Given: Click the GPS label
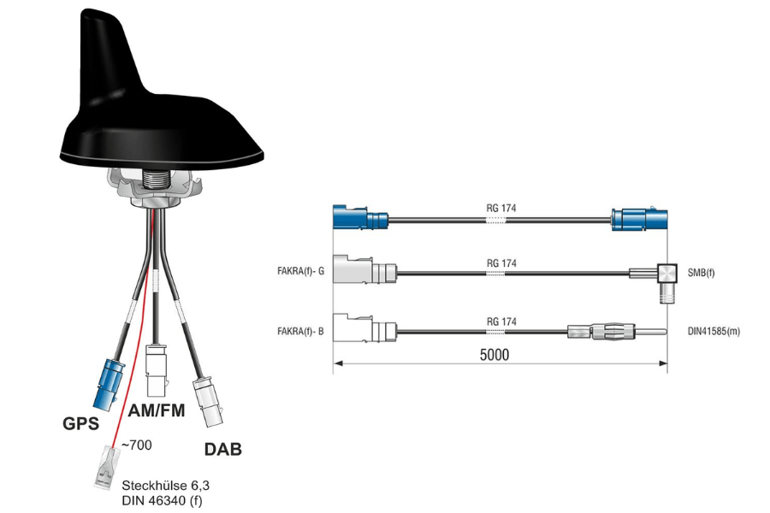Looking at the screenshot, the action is [80, 423].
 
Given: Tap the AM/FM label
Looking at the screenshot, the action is [157, 410].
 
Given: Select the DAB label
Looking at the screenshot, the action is [223, 449].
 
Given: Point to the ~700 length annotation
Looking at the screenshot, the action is [136, 445].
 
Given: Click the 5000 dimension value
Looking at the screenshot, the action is [494, 355].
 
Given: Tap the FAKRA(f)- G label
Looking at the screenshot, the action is [300, 271].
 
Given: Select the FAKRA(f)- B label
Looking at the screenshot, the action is [300, 332].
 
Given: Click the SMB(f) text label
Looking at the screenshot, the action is [701, 273].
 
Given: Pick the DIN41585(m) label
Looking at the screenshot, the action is [714, 332].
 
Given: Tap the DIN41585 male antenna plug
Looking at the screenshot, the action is [617, 332].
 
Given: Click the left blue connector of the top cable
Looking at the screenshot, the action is [360, 217].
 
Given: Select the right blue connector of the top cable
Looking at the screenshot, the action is [639, 220].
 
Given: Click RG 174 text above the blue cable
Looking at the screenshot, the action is [500, 208].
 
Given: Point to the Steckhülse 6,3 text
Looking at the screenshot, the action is [165, 486].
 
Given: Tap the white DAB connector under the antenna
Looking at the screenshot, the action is [209, 402].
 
